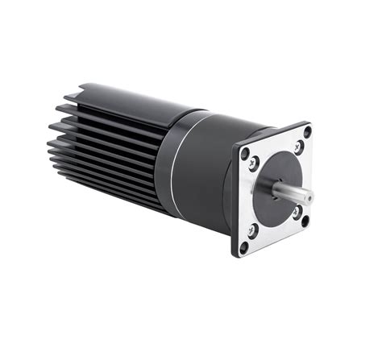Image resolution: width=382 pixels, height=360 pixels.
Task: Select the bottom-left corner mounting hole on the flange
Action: (244, 246)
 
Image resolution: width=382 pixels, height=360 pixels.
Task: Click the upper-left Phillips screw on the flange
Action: (254, 163)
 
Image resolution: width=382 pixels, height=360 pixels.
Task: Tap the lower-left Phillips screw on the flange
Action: (253, 230)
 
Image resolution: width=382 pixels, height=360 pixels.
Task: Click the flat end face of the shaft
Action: (309, 196)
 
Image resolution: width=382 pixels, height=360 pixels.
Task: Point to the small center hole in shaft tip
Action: (309, 196)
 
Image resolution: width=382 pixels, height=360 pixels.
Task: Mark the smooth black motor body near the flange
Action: (206, 169)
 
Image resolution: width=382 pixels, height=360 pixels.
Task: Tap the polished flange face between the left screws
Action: (249, 197)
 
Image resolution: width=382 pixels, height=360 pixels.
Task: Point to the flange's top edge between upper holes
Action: (274, 136)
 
